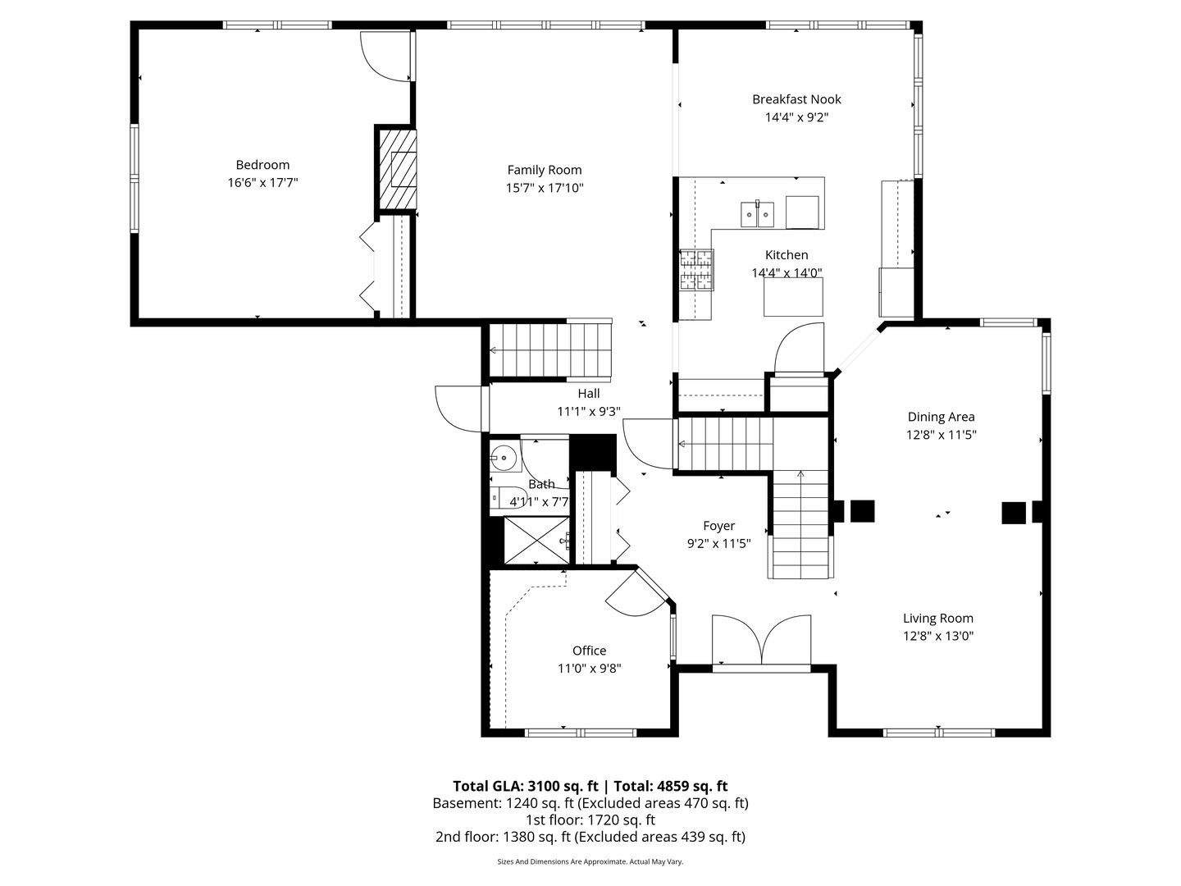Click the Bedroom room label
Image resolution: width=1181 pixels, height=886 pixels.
coord(262,165)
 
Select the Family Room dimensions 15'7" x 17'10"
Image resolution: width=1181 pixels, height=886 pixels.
coord(545,188)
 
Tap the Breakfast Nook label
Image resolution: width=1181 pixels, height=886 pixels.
coord(796,99)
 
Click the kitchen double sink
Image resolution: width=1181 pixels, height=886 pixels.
coord(758,214)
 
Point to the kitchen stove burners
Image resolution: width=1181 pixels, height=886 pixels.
coord(696,270)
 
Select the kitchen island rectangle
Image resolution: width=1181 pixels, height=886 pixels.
coord(793,296)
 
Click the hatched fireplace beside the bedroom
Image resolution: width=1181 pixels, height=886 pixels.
coord(398,171)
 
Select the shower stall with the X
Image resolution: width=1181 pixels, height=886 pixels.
coord(535,540)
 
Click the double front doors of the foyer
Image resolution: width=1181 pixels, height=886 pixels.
coord(762,640)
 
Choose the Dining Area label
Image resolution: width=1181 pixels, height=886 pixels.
coord(941,417)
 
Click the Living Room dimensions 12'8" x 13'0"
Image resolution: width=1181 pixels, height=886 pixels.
coord(938,636)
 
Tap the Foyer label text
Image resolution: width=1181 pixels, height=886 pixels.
coord(718,526)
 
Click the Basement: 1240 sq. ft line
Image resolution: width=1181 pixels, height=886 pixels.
coord(590,803)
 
